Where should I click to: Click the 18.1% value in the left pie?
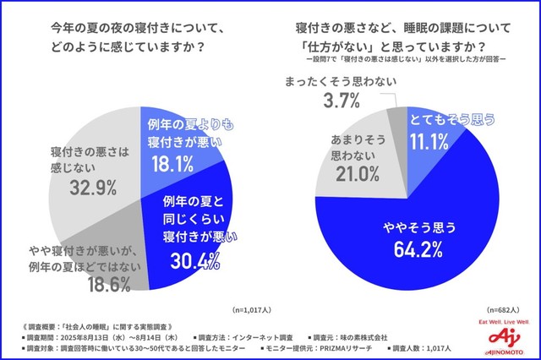[x=174, y=163]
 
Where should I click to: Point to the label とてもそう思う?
[x=448, y=121]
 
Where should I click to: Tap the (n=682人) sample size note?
[x=500, y=310]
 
